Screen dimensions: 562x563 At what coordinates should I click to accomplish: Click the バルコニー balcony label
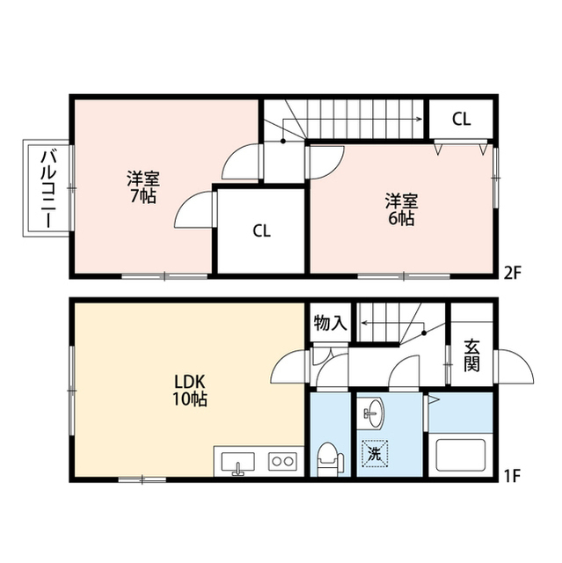[48, 190]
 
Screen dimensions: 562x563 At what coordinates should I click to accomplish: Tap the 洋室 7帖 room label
[142, 187]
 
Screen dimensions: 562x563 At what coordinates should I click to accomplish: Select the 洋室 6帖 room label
[402, 209]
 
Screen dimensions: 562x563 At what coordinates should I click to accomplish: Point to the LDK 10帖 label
[190, 390]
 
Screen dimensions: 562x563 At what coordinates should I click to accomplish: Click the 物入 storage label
[330, 323]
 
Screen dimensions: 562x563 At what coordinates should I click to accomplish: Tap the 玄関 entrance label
[471, 355]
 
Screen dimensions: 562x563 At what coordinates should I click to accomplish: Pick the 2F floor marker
[512, 274]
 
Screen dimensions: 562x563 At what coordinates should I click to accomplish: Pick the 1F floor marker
[512, 476]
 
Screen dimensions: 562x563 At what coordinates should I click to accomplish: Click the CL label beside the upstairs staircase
[461, 120]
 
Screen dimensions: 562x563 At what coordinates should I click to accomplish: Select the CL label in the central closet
[261, 230]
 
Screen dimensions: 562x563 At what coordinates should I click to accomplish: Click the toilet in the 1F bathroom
[331, 459]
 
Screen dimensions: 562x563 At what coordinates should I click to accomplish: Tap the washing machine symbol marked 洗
[375, 454]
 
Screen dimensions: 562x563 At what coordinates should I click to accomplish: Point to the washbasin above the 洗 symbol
[374, 413]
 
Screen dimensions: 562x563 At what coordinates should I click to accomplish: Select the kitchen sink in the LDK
[238, 463]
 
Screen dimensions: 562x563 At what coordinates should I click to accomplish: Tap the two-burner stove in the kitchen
[283, 461]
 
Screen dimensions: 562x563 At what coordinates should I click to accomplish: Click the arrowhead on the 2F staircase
[419, 120]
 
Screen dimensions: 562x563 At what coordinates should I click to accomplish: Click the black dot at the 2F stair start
[283, 141]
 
